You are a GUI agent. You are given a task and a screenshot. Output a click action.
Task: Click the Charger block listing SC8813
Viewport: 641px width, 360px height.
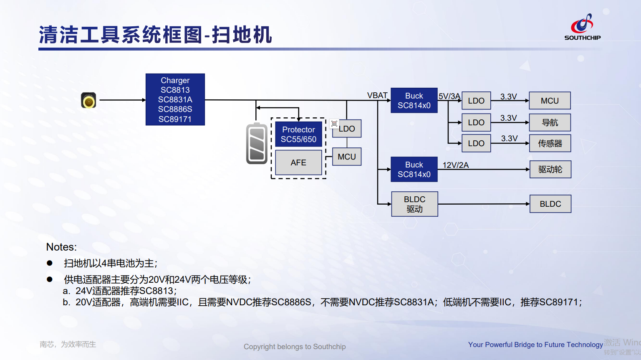175,99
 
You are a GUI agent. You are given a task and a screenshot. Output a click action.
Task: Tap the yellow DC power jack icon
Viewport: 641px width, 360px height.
88,100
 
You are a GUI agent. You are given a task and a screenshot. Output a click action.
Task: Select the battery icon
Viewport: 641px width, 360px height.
257,144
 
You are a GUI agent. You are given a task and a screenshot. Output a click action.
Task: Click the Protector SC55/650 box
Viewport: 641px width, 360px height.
298,134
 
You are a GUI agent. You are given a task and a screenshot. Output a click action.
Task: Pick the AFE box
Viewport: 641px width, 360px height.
298,162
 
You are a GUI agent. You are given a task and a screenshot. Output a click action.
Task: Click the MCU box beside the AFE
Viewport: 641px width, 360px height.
347,157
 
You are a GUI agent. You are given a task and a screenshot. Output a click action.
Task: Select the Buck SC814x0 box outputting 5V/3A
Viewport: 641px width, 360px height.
414,100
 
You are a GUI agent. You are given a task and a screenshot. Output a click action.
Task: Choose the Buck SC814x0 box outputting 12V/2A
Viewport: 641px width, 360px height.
414,169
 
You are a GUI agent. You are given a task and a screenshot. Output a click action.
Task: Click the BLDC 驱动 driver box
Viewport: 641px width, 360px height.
414,204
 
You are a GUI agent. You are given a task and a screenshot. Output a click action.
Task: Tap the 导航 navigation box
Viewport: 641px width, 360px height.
550,122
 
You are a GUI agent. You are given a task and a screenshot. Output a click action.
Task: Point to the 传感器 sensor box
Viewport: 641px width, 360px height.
550,143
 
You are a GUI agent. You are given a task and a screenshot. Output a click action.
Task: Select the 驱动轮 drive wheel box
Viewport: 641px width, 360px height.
550,169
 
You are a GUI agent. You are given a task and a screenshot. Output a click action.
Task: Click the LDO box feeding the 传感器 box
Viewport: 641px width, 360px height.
476,143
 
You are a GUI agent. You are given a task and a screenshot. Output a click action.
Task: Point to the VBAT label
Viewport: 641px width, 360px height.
377,95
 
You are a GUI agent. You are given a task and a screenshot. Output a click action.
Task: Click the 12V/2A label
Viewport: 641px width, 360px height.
455,165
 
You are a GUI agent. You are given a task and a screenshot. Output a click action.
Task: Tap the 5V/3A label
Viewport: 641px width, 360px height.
449,96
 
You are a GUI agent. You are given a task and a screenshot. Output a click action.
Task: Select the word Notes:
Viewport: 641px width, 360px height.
61,247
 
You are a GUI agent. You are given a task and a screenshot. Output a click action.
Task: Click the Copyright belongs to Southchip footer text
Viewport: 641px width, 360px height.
295,347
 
